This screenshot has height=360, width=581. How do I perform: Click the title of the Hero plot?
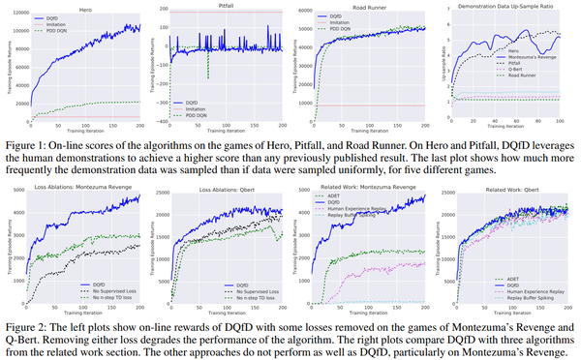tap(86, 6)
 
